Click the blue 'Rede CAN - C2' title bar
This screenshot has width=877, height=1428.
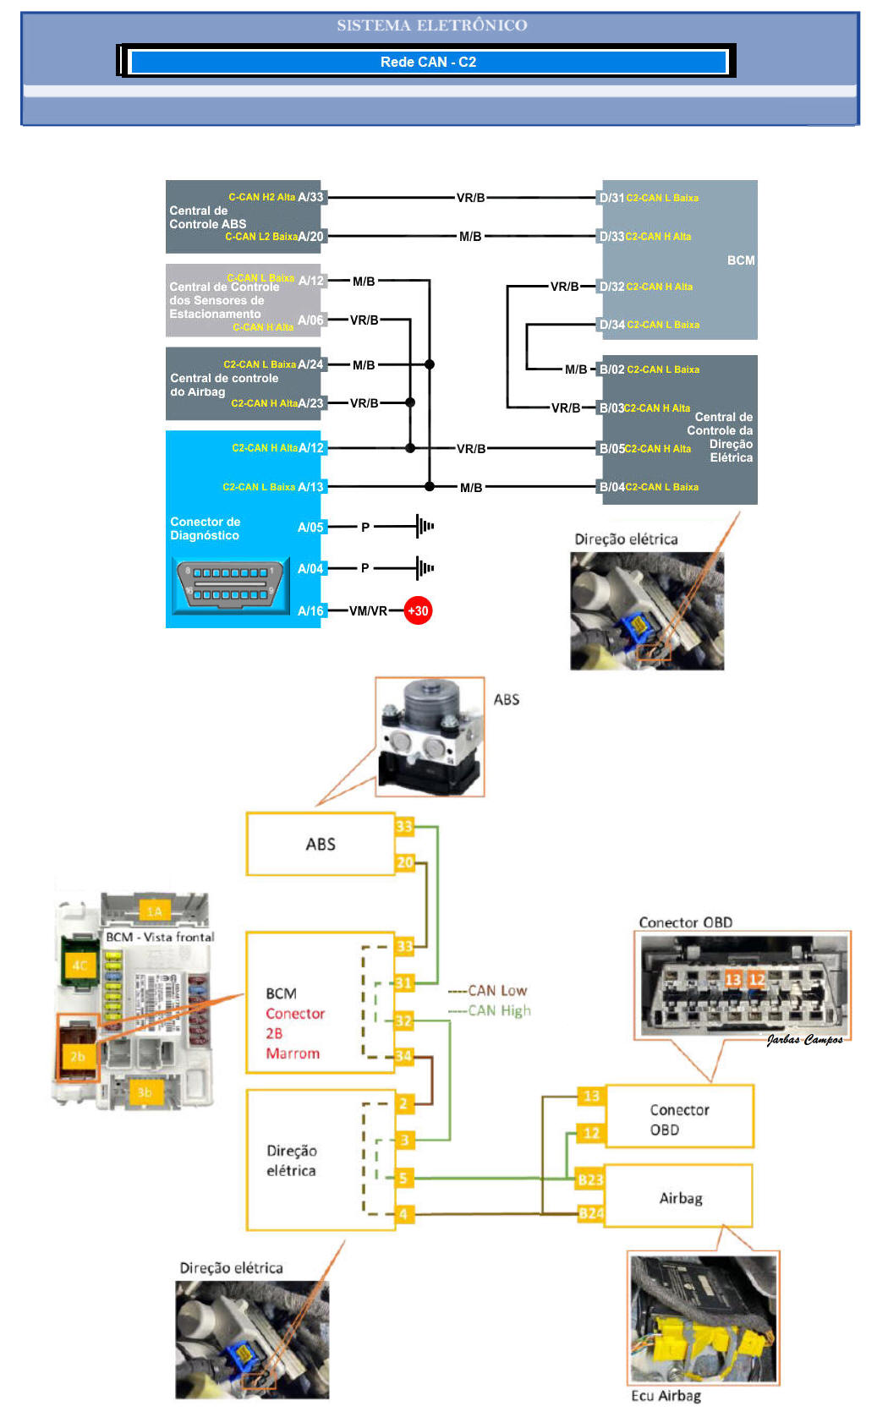point(428,62)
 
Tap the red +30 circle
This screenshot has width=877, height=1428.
point(418,610)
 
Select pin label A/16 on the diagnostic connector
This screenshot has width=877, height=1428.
point(310,610)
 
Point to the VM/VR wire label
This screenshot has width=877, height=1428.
point(368,610)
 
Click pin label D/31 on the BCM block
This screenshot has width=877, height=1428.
point(611,198)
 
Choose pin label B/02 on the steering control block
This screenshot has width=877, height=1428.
point(611,369)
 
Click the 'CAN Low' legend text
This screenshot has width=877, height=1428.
point(497,990)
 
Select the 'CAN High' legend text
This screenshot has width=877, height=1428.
point(499,1010)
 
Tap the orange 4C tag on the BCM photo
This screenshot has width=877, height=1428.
point(79,966)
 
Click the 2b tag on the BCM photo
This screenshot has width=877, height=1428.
point(78,1057)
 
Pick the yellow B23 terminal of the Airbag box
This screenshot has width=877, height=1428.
point(590,1179)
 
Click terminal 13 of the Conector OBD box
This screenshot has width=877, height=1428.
point(591,1096)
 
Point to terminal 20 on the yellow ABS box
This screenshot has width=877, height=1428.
point(405,862)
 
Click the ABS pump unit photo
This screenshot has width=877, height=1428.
point(430,736)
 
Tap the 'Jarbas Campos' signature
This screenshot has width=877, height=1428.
point(804,1040)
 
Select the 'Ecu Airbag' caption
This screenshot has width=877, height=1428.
point(666,1396)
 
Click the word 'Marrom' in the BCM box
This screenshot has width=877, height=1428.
point(293,1053)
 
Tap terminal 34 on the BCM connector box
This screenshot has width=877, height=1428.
point(404,1055)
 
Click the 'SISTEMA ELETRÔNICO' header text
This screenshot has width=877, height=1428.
point(431,25)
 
